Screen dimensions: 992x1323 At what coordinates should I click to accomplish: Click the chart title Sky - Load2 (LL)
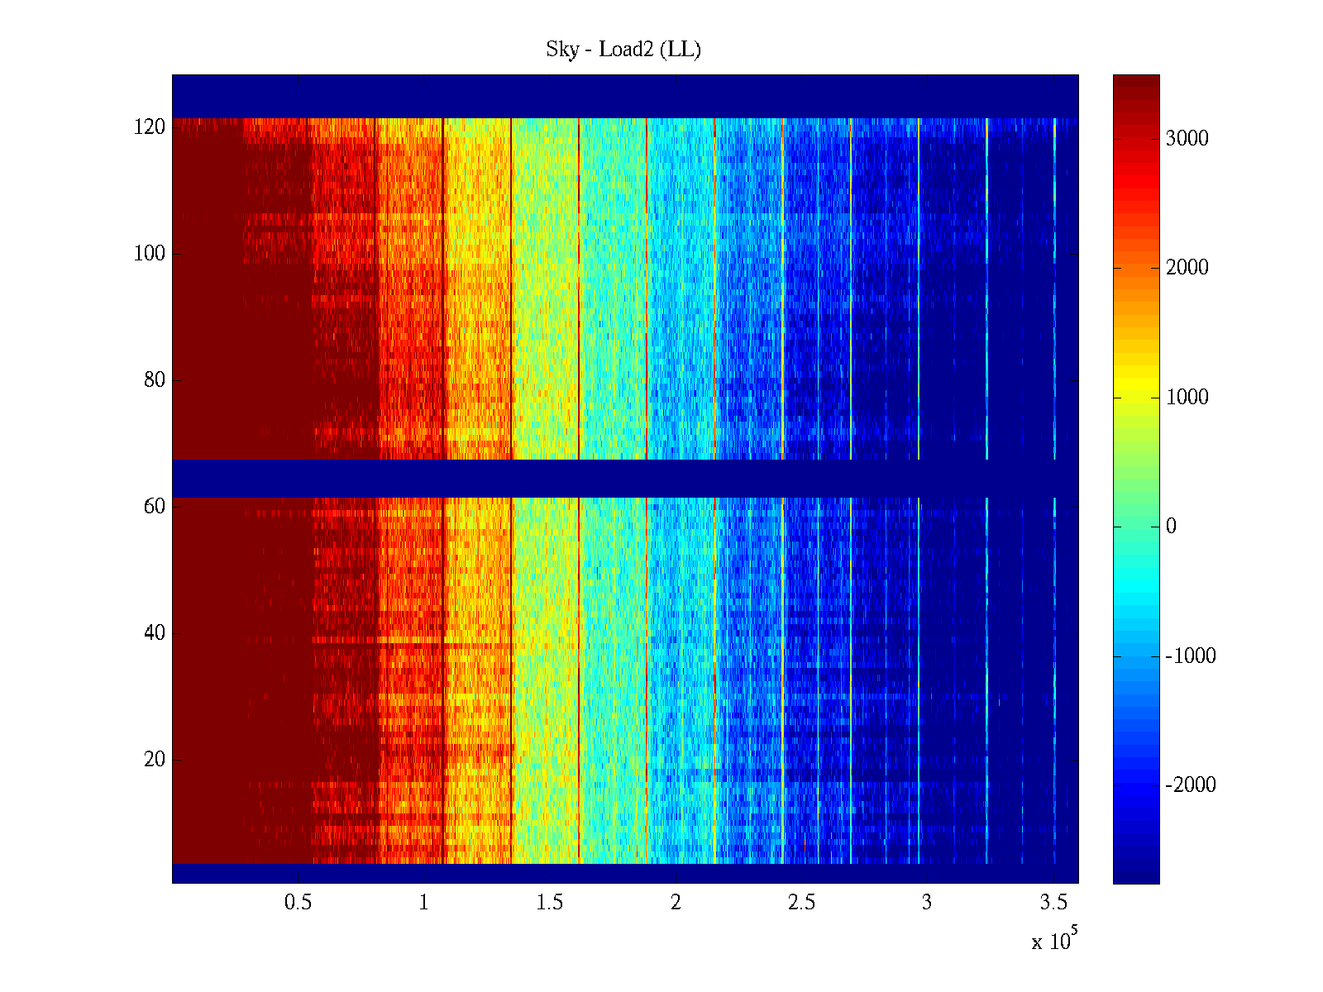623,50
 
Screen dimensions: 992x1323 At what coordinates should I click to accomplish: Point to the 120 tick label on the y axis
150,127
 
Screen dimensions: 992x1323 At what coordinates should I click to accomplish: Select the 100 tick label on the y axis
150,254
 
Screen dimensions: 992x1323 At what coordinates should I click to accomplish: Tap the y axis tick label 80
155,380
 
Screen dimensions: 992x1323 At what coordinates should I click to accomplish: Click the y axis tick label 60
155,506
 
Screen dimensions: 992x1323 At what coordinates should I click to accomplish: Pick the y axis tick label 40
155,633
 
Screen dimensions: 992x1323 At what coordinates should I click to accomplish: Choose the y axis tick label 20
155,759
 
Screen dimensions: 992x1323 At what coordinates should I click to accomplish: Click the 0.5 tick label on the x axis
298,903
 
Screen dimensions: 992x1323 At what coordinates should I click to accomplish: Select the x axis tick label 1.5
549,903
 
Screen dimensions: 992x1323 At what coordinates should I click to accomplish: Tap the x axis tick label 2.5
801,903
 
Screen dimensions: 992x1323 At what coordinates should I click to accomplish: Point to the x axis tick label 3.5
1053,903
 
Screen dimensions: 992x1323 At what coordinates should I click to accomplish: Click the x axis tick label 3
927,903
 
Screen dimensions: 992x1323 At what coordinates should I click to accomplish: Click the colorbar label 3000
1187,139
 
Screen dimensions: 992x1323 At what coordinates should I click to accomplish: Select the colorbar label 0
1171,527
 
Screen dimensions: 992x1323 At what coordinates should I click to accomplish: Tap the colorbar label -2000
1191,785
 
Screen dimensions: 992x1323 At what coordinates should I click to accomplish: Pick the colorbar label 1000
1187,398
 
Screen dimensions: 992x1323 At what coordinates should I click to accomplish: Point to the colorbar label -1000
1191,656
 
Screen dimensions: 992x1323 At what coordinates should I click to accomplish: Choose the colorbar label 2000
1187,268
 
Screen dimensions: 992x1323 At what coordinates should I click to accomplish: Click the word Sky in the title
562,50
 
